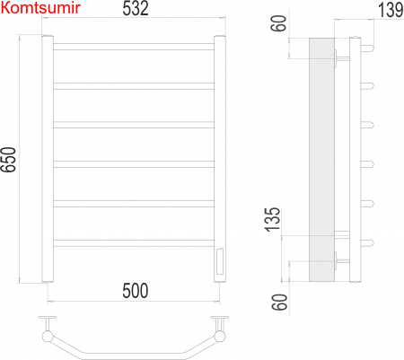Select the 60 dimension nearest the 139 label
pos(280,22)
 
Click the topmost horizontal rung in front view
pos(133,45)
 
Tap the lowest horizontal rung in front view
pos(133,241)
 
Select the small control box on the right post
pos(217,262)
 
